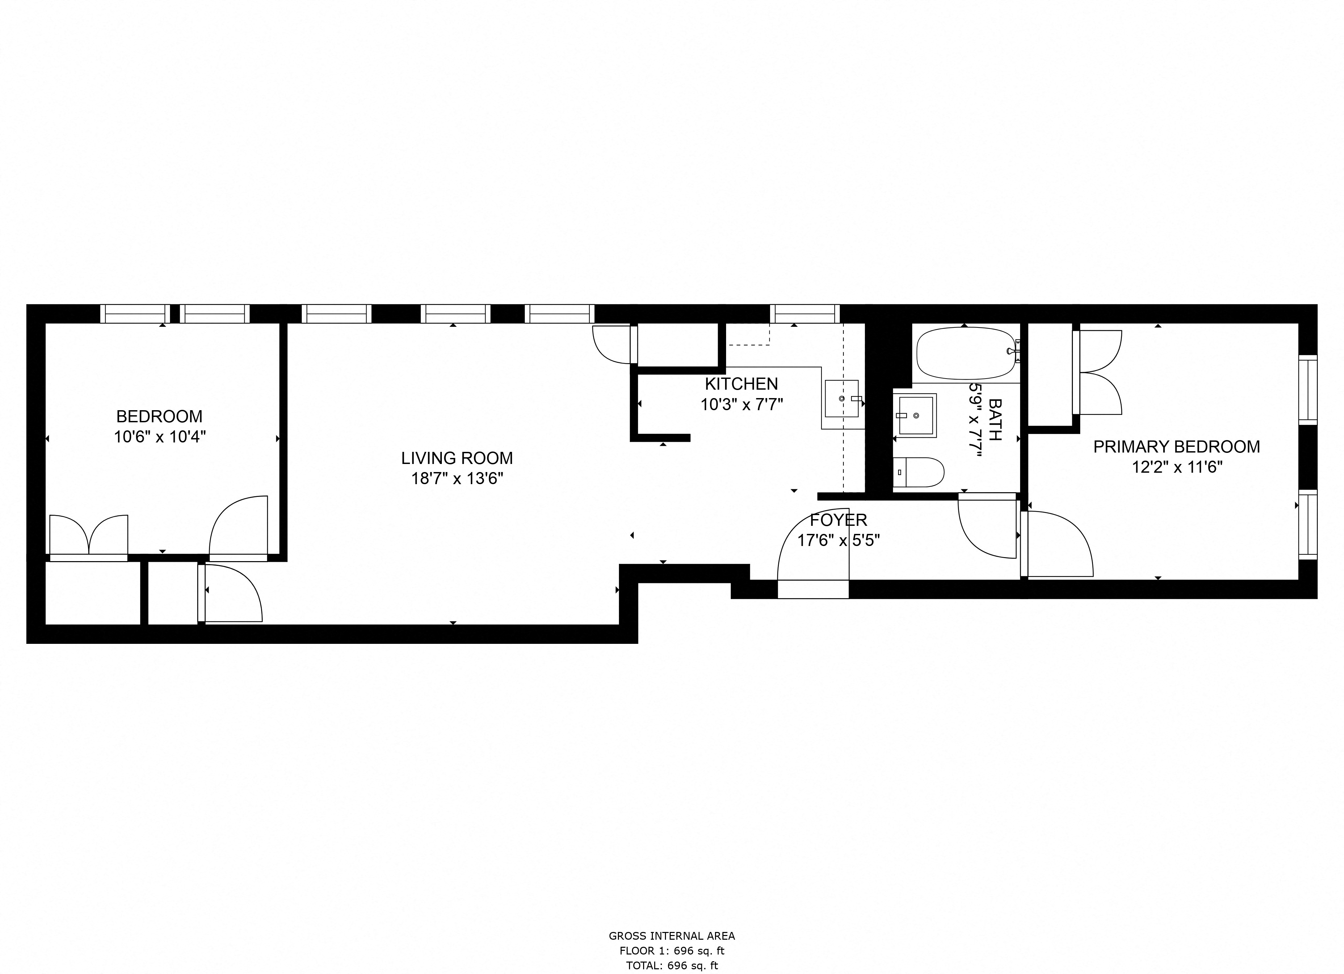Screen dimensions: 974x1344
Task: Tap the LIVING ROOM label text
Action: pos(457,458)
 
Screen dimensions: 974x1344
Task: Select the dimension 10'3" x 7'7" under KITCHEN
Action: pos(741,405)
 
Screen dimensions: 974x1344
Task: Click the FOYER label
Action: pos(838,520)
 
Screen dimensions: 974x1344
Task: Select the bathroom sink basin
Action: pos(915,416)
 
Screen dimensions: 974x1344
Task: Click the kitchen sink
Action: pos(841,398)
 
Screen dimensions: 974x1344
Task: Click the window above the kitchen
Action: pos(804,314)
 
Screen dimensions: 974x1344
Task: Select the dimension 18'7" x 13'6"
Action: pos(457,479)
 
